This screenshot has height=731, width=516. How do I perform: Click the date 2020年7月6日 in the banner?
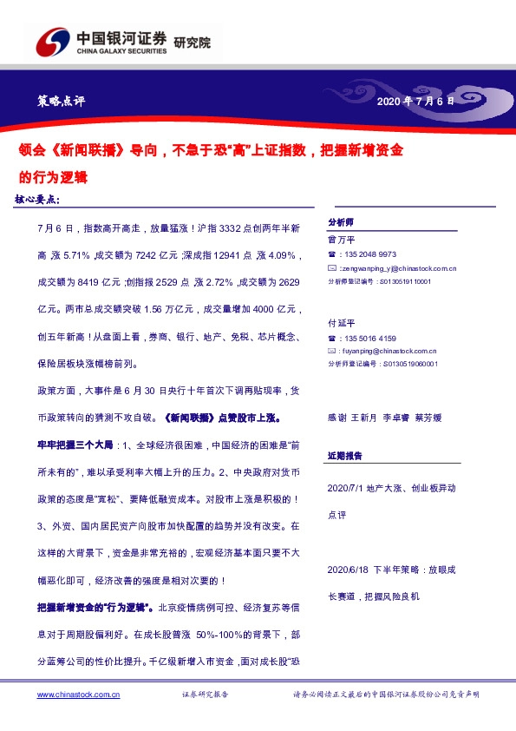click(x=415, y=102)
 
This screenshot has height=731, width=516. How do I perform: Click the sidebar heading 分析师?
click(x=339, y=222)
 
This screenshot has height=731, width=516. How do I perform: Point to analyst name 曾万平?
click(x=336, y=240)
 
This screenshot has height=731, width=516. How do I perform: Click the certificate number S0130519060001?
click(x=408, y=365)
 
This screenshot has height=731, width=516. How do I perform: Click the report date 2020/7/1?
click(x=349, y=489)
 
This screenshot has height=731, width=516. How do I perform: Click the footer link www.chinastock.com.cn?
click(x=78, y=695)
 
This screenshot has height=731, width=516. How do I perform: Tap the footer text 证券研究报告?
click(x=205, y=695)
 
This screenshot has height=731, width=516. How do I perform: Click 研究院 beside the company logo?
click(x=192, y=43)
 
